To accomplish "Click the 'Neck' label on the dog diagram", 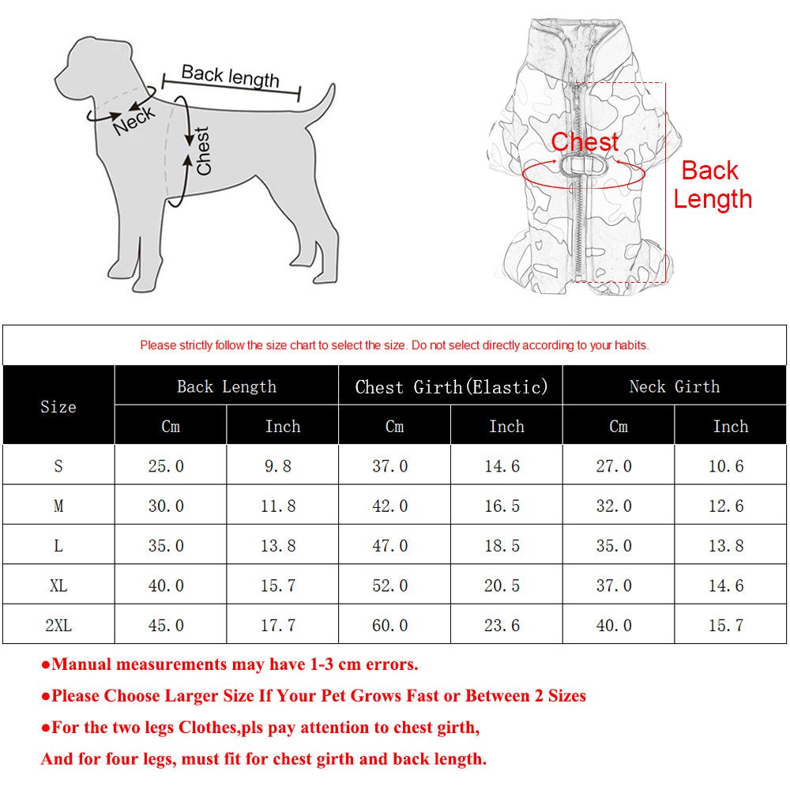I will (x=134, y=121).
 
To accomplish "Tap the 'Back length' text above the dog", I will (x=230, y=77).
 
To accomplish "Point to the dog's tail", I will (x=320, y=107).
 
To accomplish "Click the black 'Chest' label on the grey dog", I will (x=203, y=151).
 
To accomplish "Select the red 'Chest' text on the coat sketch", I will (x=585, y=142).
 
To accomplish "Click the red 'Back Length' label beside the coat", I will (x=711, y=185).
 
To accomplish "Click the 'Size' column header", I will (x=58, y=407).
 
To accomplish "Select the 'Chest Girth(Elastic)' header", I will (x=450, y=387).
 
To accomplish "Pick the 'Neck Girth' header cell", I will (x=674, y=387).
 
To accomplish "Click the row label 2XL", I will (x=58, y=625).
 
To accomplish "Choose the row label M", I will (x=58, y=506).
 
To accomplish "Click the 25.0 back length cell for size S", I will (x=166, y=466).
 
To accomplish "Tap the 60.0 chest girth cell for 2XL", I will (x=390, y=625).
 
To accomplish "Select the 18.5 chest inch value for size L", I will (x=502, y=546).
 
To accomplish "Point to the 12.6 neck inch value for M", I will (x=726, y=506).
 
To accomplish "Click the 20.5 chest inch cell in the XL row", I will (x=502, y=585).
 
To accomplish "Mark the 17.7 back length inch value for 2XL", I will (x=278, y=625).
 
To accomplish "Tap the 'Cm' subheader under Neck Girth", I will (x=618, y=427).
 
